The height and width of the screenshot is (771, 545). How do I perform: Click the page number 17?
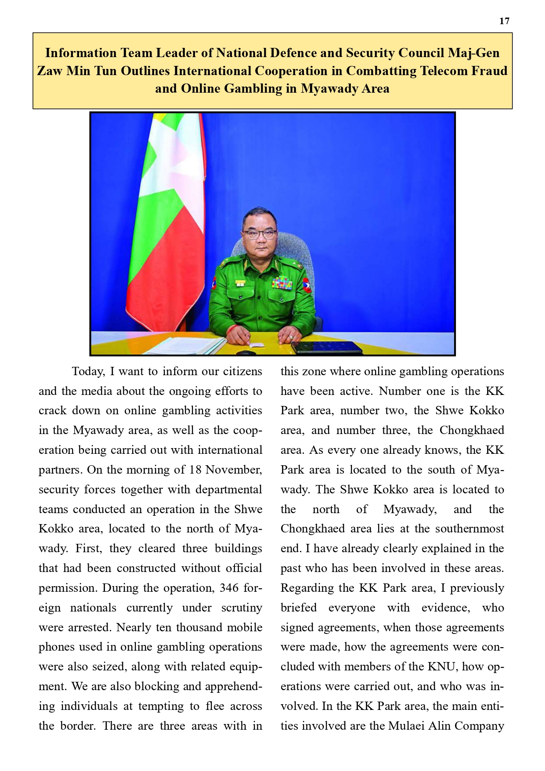point(504,21)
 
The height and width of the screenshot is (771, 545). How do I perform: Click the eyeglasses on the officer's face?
point(260,234)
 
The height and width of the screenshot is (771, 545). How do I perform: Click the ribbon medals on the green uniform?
point(282,282)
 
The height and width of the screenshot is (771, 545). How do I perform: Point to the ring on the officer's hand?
point(291,337)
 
